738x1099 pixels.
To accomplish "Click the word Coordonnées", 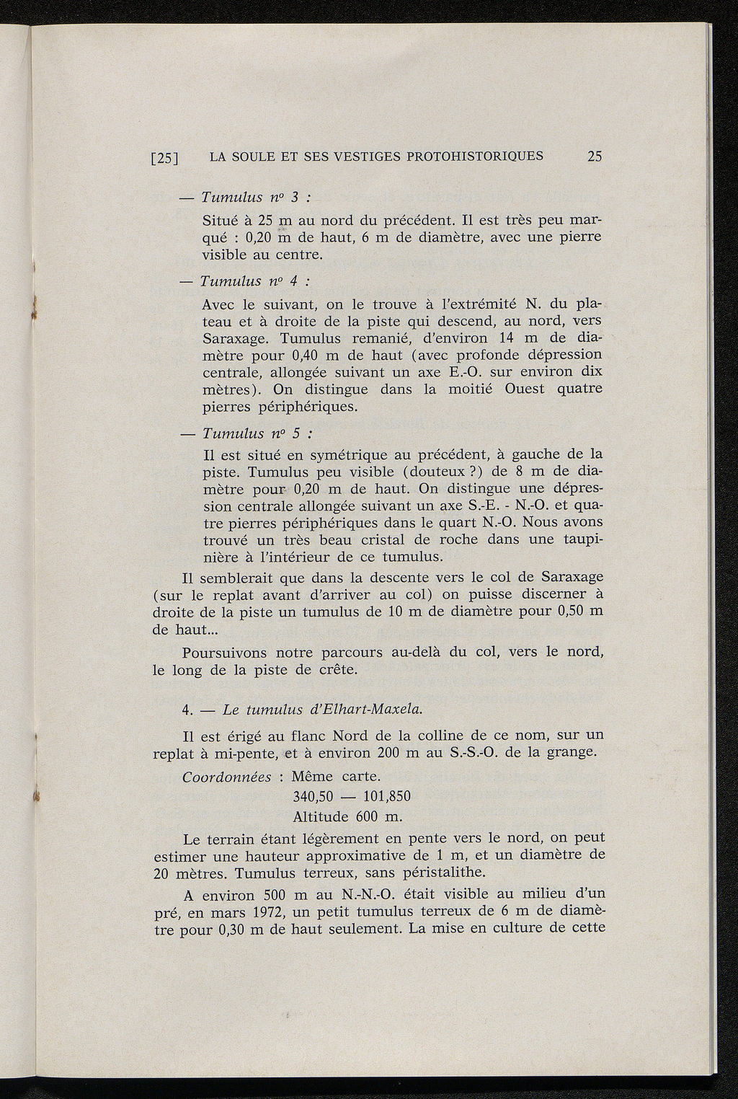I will (226, 777).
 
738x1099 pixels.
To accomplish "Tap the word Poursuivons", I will (226, 653).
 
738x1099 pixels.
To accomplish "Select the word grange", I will (571, 753).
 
